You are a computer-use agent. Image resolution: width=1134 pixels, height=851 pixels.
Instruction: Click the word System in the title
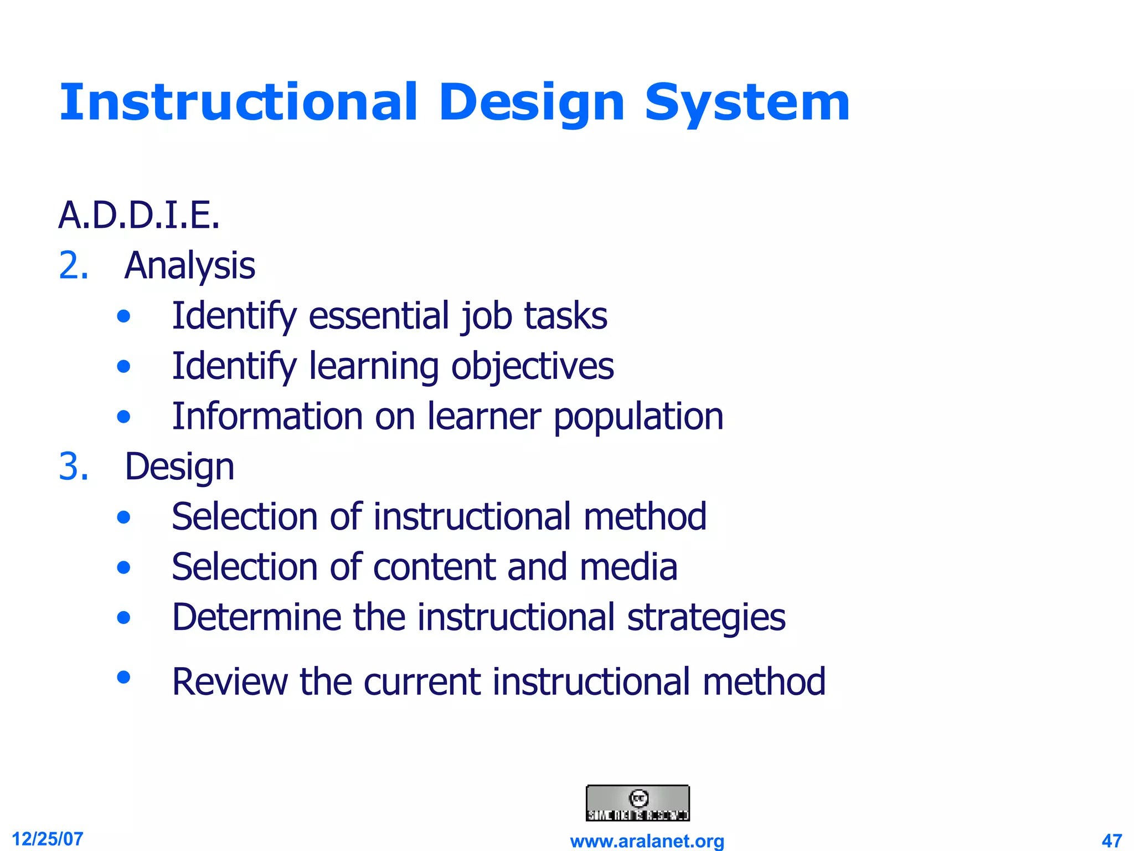coord(747,103)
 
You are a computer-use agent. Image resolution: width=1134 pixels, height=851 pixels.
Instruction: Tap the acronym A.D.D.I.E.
coord(139,216)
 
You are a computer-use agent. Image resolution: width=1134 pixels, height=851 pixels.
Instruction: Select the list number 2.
coord(74,266)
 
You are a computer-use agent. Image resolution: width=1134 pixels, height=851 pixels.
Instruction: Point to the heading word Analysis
coord(190,266)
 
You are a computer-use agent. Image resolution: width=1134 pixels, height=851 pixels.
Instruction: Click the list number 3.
coord(74,466)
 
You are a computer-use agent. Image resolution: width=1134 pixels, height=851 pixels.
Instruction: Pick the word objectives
coord(532,367)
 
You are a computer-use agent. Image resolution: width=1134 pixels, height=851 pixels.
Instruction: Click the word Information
coord(266,417)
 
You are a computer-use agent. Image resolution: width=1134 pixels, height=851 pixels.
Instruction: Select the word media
coord(628,567)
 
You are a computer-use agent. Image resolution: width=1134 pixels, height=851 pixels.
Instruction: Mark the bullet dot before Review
coord(123,676)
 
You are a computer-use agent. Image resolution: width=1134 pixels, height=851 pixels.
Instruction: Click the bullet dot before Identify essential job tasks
coord(123,316)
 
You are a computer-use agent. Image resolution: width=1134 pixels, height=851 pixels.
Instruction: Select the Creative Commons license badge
coord(637,803)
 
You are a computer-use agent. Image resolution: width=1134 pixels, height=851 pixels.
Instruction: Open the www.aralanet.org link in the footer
coord(647,841)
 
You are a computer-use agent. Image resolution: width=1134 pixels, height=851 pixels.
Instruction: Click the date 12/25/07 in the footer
coord(48,839)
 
